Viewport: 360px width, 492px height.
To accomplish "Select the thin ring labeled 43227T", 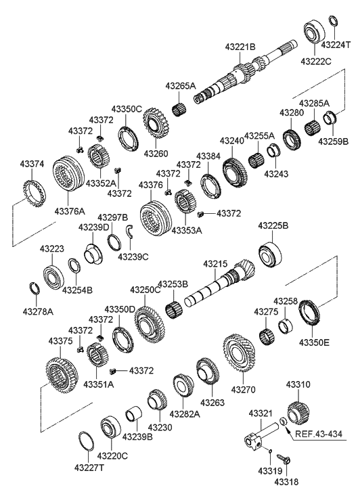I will click(x=87, y=441).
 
